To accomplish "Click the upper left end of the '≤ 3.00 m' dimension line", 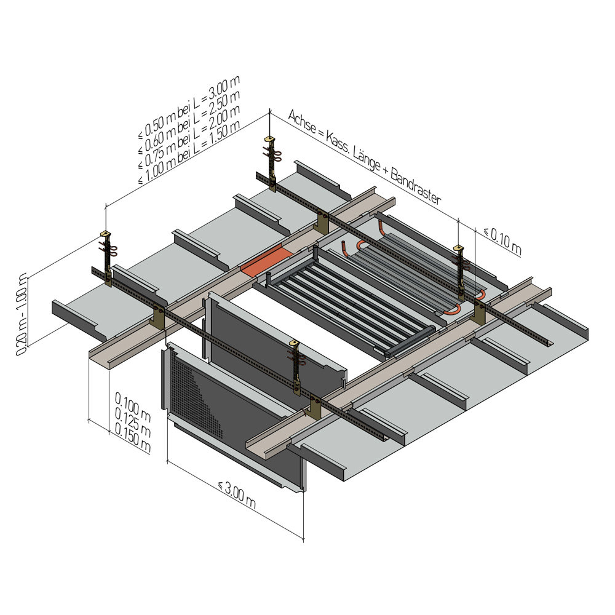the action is click(x=168, y=461).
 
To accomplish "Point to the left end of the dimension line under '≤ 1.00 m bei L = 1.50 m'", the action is click(x=106, y=205).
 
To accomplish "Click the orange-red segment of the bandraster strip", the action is click(x=267, y=260).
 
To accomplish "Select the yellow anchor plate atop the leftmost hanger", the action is click(x=106, y=234).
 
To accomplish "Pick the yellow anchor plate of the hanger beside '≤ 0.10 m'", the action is click(x=458, y=248).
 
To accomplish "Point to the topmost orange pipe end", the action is click(x=381, y=224).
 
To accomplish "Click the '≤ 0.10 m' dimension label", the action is click(x=502, y=240).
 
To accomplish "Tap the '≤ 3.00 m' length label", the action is click(x=237, y=495).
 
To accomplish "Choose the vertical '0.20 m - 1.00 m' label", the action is click(x=22, y=314).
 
